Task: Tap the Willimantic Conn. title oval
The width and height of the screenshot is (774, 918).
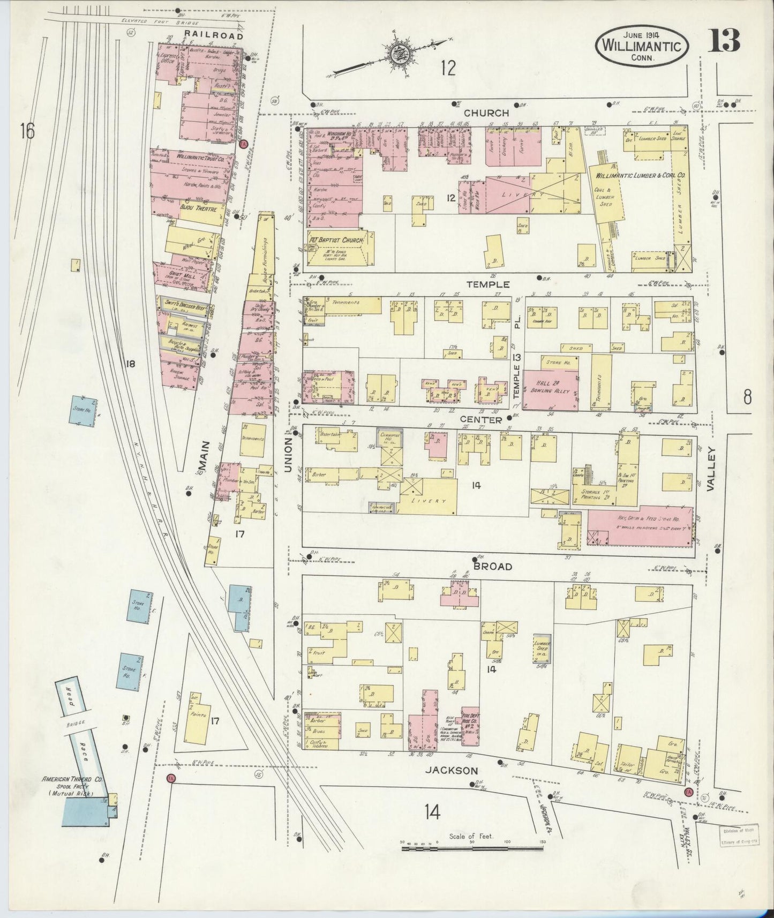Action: tap(641, 45)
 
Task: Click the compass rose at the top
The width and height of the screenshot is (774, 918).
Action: tap(398, 54)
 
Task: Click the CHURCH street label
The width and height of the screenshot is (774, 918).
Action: tap(486, 114)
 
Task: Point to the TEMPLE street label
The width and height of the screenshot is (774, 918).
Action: tap(487, 285)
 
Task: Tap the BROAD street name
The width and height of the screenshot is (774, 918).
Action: tap(492, 566)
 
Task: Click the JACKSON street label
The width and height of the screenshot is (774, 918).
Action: tap(451, 771)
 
